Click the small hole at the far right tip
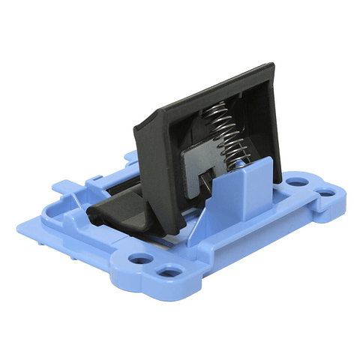point(328,192)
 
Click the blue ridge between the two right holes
point(315,188)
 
